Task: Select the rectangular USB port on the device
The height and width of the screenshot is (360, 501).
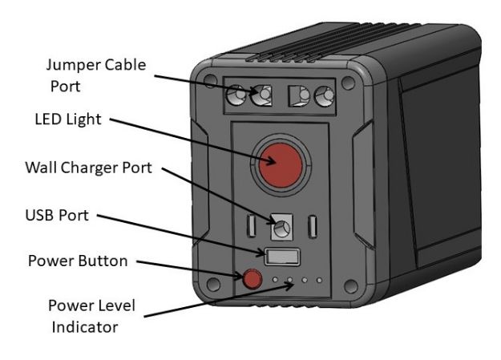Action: click(283, 257)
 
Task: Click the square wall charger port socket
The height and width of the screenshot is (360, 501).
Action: click(280, 229)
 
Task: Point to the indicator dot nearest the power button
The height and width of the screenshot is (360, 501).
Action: click(275, 281)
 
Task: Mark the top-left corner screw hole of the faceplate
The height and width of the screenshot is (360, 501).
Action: click(210, 82)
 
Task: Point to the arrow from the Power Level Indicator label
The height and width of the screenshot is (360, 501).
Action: click(208, 300)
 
